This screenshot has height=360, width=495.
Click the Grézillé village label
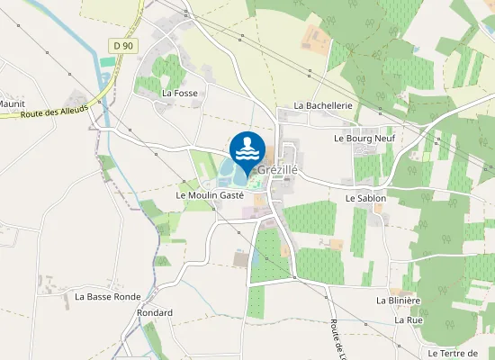point(278,169)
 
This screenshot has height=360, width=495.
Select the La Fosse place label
point(179,93)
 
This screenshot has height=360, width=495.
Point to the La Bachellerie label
point(322,105)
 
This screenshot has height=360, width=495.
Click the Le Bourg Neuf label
point(364,139)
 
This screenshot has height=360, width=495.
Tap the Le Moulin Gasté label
point(211,195)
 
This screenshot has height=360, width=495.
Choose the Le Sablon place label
point(365,198)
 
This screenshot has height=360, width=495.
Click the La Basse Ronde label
point(108,296)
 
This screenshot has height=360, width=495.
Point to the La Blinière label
point(399,301)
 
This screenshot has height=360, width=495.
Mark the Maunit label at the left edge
point(12,103)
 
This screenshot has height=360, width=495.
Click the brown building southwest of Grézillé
point(240,259)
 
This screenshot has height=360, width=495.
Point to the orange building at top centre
point(315,37)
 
